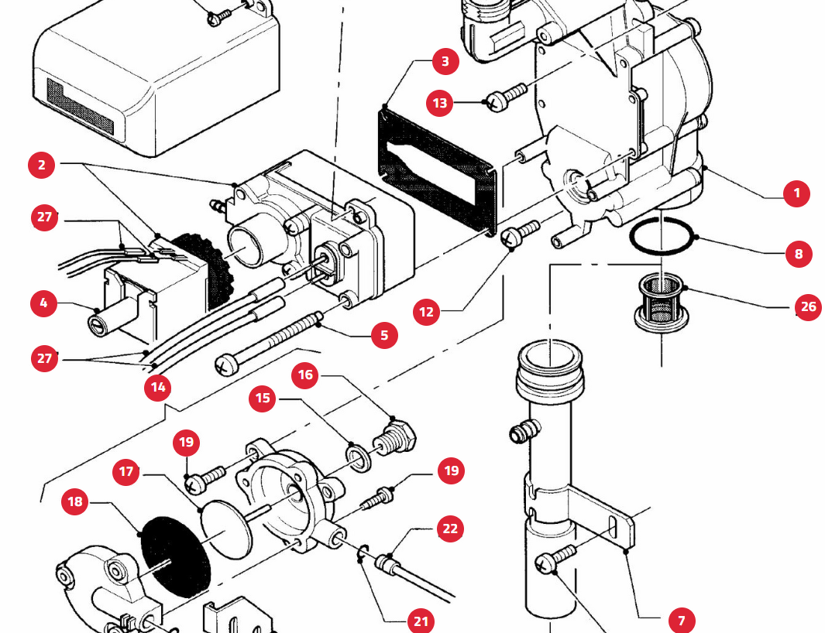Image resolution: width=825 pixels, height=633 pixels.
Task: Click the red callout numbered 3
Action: tap(445, 61)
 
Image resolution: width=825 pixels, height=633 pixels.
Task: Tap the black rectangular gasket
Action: tap(387, 132)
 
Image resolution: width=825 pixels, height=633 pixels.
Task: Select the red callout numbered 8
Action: tap(798, 253)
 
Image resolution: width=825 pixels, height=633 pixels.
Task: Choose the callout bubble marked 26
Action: tap(808, 306)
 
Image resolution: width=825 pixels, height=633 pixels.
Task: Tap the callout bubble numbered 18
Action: tap(75, 501)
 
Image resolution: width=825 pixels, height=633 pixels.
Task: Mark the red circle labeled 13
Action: tap(440, 103)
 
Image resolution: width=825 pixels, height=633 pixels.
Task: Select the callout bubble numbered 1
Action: tap(796, 193)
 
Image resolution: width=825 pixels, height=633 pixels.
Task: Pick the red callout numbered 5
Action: tap(384, 335)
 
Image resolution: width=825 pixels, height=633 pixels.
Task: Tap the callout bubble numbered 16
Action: tap(306, 375)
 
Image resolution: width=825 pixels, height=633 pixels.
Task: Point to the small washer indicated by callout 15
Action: tap(358, 456)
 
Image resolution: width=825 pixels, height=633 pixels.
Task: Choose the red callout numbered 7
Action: tap(682, 620)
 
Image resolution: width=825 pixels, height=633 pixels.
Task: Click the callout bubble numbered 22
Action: tap(449, 529)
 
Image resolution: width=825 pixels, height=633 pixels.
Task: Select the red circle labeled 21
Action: tap(420, 621)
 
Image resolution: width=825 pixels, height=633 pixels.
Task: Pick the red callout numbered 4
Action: tap(43, 303)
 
